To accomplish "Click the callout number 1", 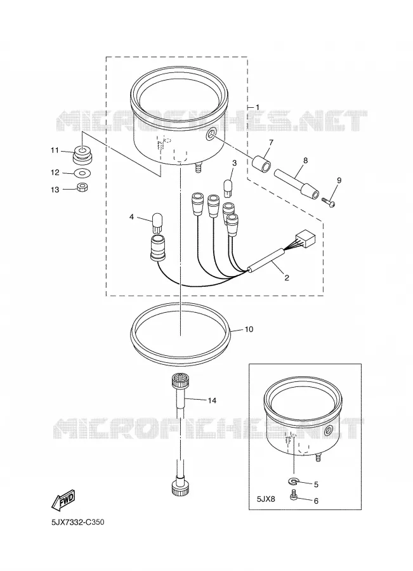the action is coord(258,107).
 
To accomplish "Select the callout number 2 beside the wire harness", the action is coord(287,278).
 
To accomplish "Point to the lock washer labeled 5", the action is coord(294,482).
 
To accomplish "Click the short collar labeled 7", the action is coord(262,163).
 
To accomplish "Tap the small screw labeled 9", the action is coord(328,201).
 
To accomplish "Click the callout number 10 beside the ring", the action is coord(249,329).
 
